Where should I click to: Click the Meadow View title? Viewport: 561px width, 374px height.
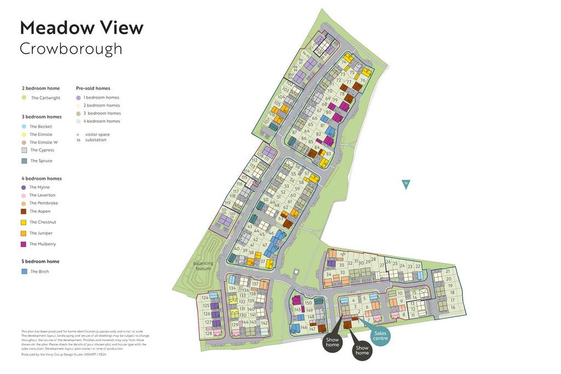82,27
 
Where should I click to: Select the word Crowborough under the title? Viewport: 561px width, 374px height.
71,49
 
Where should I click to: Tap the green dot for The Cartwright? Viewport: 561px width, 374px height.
24,98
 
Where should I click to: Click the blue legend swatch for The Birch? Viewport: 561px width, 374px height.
24,271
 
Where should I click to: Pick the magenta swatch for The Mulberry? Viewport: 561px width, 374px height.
24,244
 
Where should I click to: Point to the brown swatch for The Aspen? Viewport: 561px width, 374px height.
24,211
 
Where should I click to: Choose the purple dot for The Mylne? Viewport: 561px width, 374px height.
24,188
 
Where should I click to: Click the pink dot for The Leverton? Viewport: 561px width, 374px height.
24,195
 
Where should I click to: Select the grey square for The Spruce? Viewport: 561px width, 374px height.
24,161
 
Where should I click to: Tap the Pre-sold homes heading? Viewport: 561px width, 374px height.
93,88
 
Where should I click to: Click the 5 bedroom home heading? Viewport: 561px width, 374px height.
41,262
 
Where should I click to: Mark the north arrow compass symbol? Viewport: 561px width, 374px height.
406,184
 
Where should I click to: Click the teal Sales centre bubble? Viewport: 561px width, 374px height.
380,336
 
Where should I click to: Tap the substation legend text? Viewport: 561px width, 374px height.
96,140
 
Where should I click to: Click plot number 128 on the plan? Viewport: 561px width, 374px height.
208,333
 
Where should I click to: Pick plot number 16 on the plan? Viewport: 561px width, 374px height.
453,308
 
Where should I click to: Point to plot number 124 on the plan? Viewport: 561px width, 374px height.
205,297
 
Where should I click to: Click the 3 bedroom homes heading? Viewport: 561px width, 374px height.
42,117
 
